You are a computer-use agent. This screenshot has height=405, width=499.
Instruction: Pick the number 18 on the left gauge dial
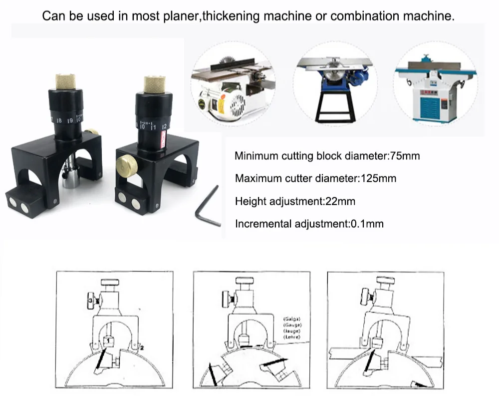click(59, 121)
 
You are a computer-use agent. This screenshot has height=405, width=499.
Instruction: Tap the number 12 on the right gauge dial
click(164, 126)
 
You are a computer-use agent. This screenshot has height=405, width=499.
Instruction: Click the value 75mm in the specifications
click(404, 156)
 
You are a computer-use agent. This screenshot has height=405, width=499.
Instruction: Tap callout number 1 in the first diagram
click(107, 341)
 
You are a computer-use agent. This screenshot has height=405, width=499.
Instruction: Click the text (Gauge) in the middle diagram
click(291, 325)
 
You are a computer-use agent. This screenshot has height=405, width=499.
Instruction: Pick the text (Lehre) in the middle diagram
click(291, 338)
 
